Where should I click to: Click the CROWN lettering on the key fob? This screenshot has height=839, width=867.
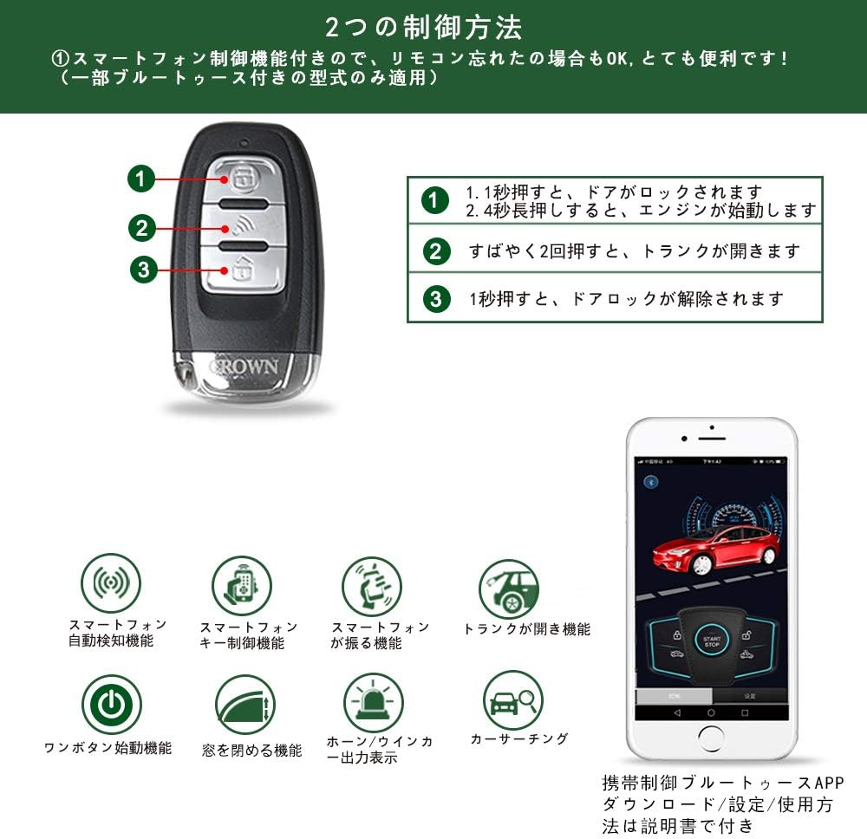[x=245, y=366]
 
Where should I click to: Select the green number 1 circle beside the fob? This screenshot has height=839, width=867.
[x=140, y=179]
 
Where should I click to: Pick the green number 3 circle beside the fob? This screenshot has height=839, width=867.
[x=144, y=270]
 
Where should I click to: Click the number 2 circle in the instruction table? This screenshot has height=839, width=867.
[x=437, y=251]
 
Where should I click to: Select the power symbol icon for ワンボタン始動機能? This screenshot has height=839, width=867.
[x=111, y=705]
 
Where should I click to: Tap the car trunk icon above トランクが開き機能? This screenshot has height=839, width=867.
[x=509, y=589]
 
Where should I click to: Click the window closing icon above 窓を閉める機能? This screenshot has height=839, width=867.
[x=244, y=706]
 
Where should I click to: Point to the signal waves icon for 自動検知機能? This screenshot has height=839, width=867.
[x=110, y=582]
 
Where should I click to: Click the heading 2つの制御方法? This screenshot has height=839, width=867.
[x=424, y=27]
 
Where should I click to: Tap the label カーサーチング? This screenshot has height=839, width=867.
[x=519, y=739]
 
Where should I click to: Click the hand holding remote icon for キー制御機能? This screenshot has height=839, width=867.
[x=242, y=586]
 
